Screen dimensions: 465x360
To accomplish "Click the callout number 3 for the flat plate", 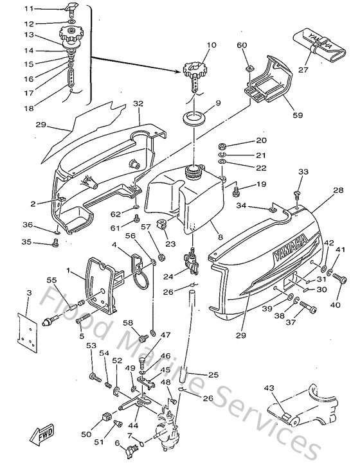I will tap(28, 293).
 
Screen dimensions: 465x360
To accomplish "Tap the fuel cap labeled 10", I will tap(192, 69).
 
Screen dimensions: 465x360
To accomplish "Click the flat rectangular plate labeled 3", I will tap(26, 331).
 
